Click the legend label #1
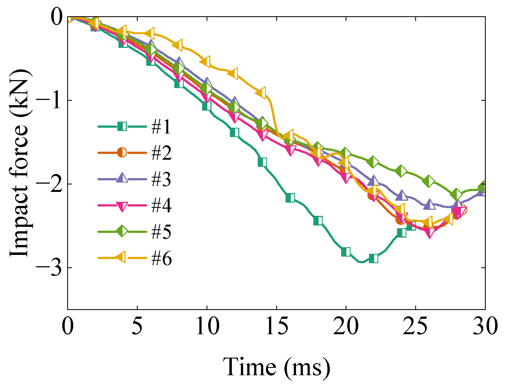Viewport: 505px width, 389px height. tap(161, 127)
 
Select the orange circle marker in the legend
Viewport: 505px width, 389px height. tap(122, 152)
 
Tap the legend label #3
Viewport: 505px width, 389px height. tap(161, 179)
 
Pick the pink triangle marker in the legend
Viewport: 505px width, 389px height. tap(122, 206)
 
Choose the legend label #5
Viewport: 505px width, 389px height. tap(161, 232)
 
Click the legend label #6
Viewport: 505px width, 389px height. tap(161, 258)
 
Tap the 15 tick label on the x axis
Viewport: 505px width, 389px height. tap(276, 326)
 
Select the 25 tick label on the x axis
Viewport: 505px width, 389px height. tap(415, 326)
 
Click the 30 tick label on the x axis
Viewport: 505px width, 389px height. tap(485, 326)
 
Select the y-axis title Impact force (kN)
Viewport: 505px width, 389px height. tap(19, 163)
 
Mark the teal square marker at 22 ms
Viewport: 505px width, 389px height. tap(373, 259)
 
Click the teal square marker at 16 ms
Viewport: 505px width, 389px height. tap(290, 198)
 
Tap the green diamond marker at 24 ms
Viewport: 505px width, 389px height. tap(401, 171)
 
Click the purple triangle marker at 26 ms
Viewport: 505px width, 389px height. tap(429, 205)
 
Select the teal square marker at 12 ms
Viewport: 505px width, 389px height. tap(234, 132)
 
